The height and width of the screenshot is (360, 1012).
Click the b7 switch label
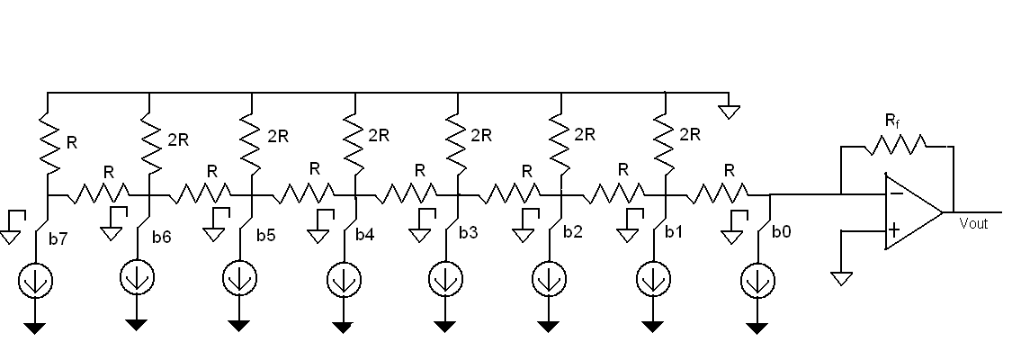[x=58, y=239]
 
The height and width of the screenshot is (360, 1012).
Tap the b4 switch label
[x=364, y=235]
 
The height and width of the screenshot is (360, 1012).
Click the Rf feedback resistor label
[x=893, y=119]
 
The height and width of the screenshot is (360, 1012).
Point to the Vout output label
[x=973, y=223]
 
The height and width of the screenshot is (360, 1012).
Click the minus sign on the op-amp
[x=895, y=191]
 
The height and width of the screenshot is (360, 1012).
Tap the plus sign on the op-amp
[x=894, y=230]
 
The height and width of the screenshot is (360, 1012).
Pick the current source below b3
[x=443, y=278]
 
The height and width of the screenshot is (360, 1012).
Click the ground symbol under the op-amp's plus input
[x=841, y=278]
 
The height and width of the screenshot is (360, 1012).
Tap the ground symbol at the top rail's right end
[x=730, y=112]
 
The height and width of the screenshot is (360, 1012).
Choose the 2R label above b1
[x=690, y=135]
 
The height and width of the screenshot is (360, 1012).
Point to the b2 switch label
[x=573, y=232]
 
